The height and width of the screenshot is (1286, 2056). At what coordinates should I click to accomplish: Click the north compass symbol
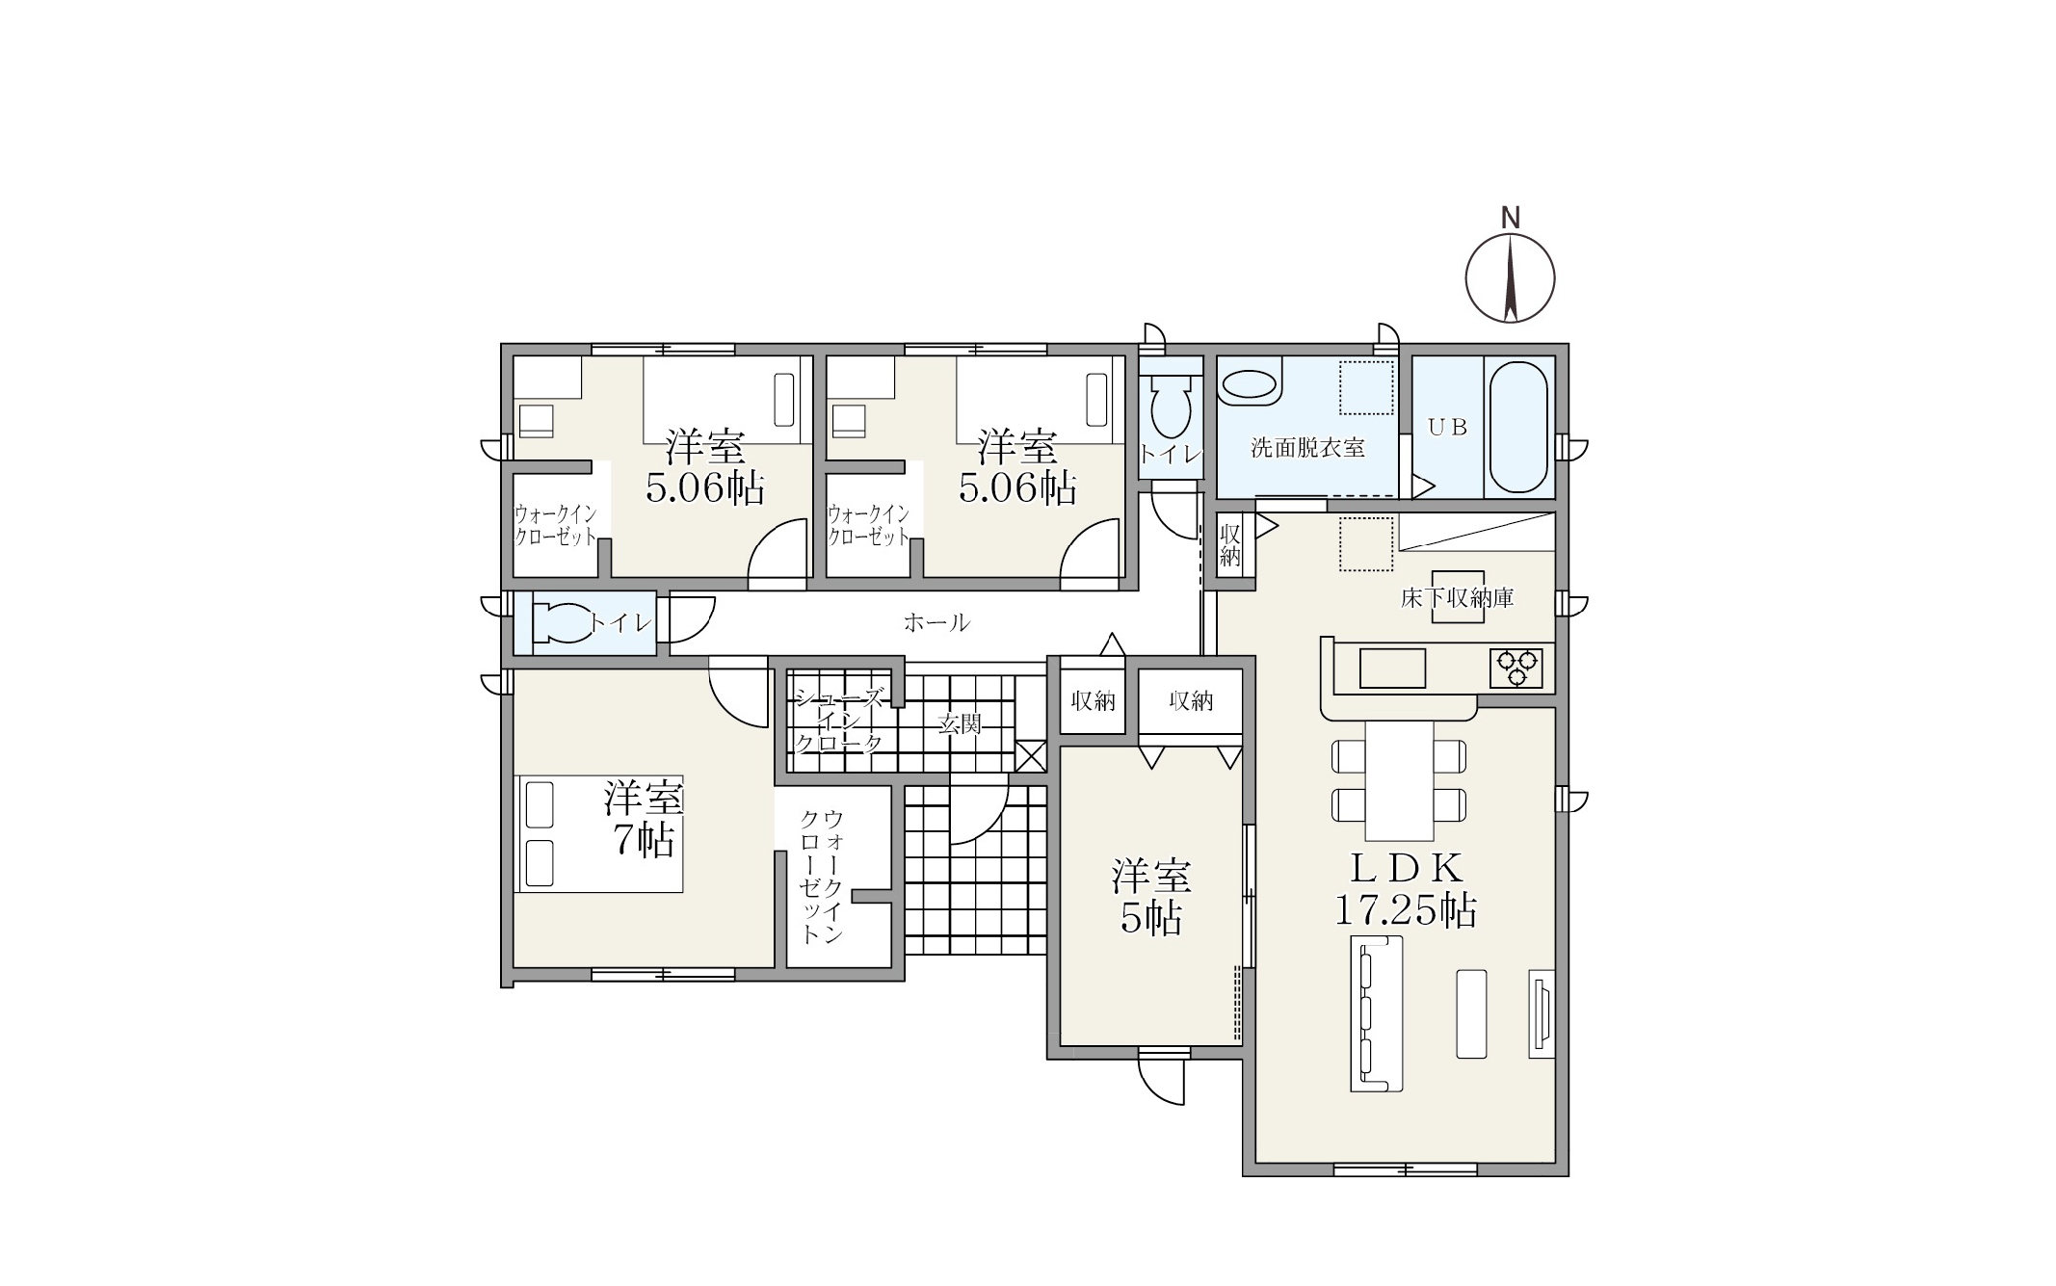1510,276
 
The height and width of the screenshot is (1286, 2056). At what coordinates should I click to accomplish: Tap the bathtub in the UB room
1518,427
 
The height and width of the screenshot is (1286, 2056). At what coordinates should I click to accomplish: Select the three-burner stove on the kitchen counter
1516,668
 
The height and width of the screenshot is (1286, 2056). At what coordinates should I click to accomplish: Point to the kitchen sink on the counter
1392,668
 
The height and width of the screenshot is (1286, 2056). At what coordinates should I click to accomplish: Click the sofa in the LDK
1376,1012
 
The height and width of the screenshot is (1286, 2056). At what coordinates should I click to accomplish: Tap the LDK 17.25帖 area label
1406,889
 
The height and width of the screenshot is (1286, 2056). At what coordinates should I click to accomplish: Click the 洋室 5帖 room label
1151,897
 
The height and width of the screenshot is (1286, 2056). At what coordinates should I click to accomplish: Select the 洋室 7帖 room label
644,819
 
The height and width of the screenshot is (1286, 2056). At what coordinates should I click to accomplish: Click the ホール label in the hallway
936,622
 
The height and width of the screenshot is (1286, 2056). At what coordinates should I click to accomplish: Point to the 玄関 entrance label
960,723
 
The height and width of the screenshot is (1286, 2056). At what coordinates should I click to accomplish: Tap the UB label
1447,427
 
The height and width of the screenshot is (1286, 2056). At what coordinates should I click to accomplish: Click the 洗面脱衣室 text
1307,448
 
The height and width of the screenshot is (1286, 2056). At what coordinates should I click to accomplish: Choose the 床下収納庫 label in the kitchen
1457,598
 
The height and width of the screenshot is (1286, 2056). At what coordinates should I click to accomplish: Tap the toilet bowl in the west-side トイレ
565,622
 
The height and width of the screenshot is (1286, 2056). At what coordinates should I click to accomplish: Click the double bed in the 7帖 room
599,833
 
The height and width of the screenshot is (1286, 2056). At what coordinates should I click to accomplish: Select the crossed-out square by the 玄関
1030,756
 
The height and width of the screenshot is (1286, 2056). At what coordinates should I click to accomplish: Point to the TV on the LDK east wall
1541,1012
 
